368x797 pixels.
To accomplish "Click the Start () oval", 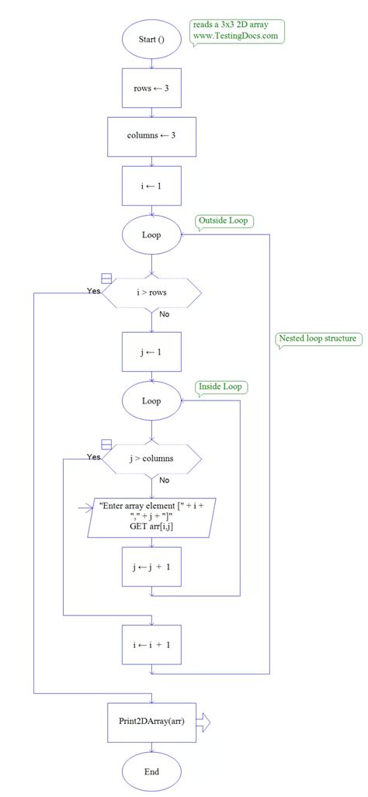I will pyautogui.click(x=151, y=39).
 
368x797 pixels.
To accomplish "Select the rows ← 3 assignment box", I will pyautogui.click(x=151, y=88).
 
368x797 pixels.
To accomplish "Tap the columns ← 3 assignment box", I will pyautogui.click(x=151, y=137).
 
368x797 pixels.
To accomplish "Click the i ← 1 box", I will pyautogui.click(x=151, y=186).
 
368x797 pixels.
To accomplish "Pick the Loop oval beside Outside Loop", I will pyautogui.click(x=151, y=235).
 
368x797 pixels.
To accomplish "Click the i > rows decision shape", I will pyautogui.click(x=152, y=293).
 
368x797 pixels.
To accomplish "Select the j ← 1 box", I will pyautogui.click(x=151, y=352).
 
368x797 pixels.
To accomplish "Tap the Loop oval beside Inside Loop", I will pyautogui.click(x=151, y=401).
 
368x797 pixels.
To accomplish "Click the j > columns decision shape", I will pyautogui.click(x=152, y=459).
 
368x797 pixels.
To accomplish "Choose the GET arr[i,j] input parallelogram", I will pyautogui.click(x=152, y=516).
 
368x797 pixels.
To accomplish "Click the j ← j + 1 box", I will pyautogui.click(x=151, y=567).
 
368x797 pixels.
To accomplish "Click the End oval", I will pyautogui.click(x=151, y=772).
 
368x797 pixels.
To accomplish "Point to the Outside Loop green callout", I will pyautogui.click(x=224, y=221).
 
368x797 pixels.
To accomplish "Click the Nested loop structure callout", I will pyautogui.click(x=318, y=338).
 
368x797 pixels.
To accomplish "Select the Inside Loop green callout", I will pyautogui.click(x=223, y=386).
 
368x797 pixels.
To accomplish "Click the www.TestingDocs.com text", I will pyautogui.click(x=235, y=36).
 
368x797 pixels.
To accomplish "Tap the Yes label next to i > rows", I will pyautogui.click(x=94, y=291).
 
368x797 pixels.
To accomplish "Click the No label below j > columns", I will pyautogui.click(x=164, y=480).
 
